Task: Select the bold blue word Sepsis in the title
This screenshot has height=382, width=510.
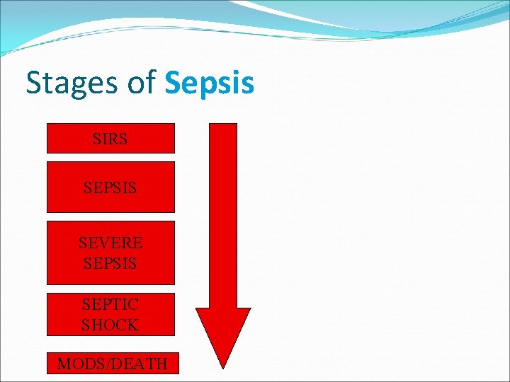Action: tap(209, 83)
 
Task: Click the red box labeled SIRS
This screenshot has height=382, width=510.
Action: tap(110, 138)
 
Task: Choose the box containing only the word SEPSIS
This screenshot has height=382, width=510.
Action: tap(110, 187)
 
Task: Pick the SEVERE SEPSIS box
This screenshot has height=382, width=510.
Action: tap(110, 253)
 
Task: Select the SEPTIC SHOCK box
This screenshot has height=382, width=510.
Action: tap(110, 314)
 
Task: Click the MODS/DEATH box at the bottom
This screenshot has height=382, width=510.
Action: tap(113, 364)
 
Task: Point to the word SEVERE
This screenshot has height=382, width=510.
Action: tap(110, 243)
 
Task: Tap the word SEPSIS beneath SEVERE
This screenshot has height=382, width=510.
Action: tap(110, 262)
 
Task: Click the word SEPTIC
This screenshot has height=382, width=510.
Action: tap(110, 305)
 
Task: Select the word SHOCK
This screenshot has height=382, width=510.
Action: tap(110, 325)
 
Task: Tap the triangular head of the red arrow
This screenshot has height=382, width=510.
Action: tap(223, 332)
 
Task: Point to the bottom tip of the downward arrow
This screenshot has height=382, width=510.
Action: tap(223, 366)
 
